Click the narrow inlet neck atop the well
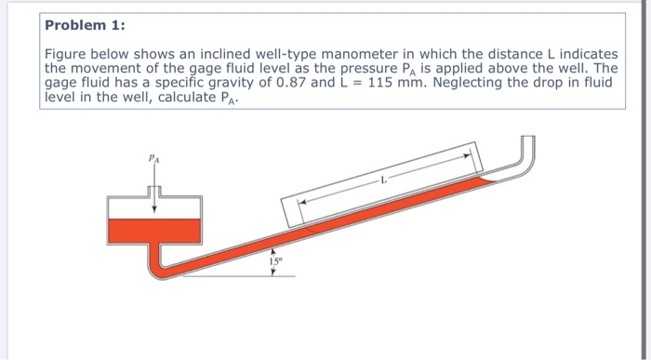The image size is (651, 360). [x=154, y=189]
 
